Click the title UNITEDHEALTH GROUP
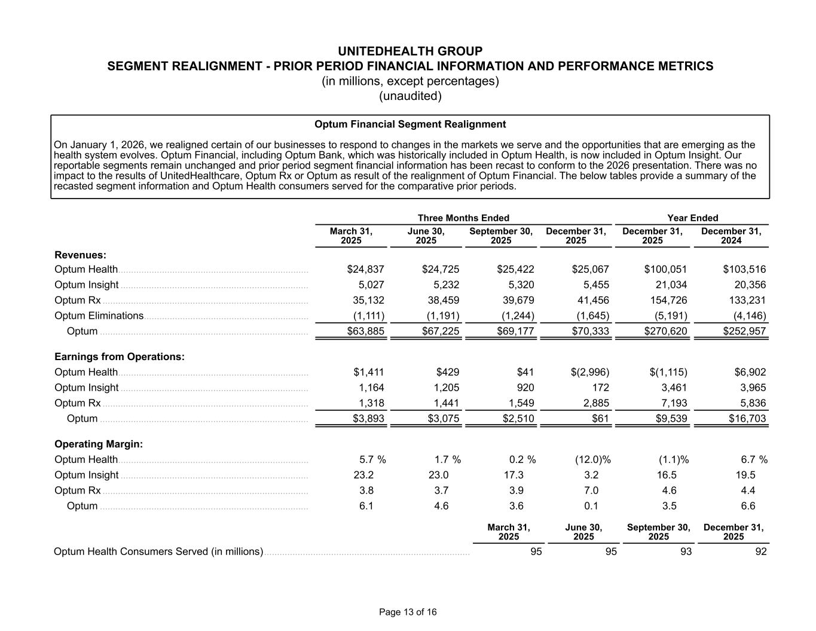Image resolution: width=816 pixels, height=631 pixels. (410, 51)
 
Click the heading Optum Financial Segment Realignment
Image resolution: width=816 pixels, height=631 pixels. (410, 124)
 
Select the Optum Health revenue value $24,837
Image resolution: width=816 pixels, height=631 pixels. (366, 269)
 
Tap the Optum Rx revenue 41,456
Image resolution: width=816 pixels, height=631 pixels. (591, 300)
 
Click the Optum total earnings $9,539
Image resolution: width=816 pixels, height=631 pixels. (668, 419)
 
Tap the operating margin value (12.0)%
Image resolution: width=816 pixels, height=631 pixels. (589, 460)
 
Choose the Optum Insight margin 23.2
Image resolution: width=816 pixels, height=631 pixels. (363, 475)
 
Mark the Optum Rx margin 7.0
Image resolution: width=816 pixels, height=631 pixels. (591, 491)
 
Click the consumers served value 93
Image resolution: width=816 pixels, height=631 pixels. (685, 551)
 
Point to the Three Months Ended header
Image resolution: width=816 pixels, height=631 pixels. (463, 218)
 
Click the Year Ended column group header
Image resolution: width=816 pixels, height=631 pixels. (693, 218)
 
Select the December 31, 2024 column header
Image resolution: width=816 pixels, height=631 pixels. (731, 236)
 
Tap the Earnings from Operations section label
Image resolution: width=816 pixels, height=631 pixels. (120, 357)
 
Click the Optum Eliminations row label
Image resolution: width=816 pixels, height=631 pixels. (99, 316)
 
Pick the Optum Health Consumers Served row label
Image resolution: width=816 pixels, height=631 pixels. (158, 551)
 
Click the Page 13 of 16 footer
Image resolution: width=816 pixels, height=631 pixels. (408, 612)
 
